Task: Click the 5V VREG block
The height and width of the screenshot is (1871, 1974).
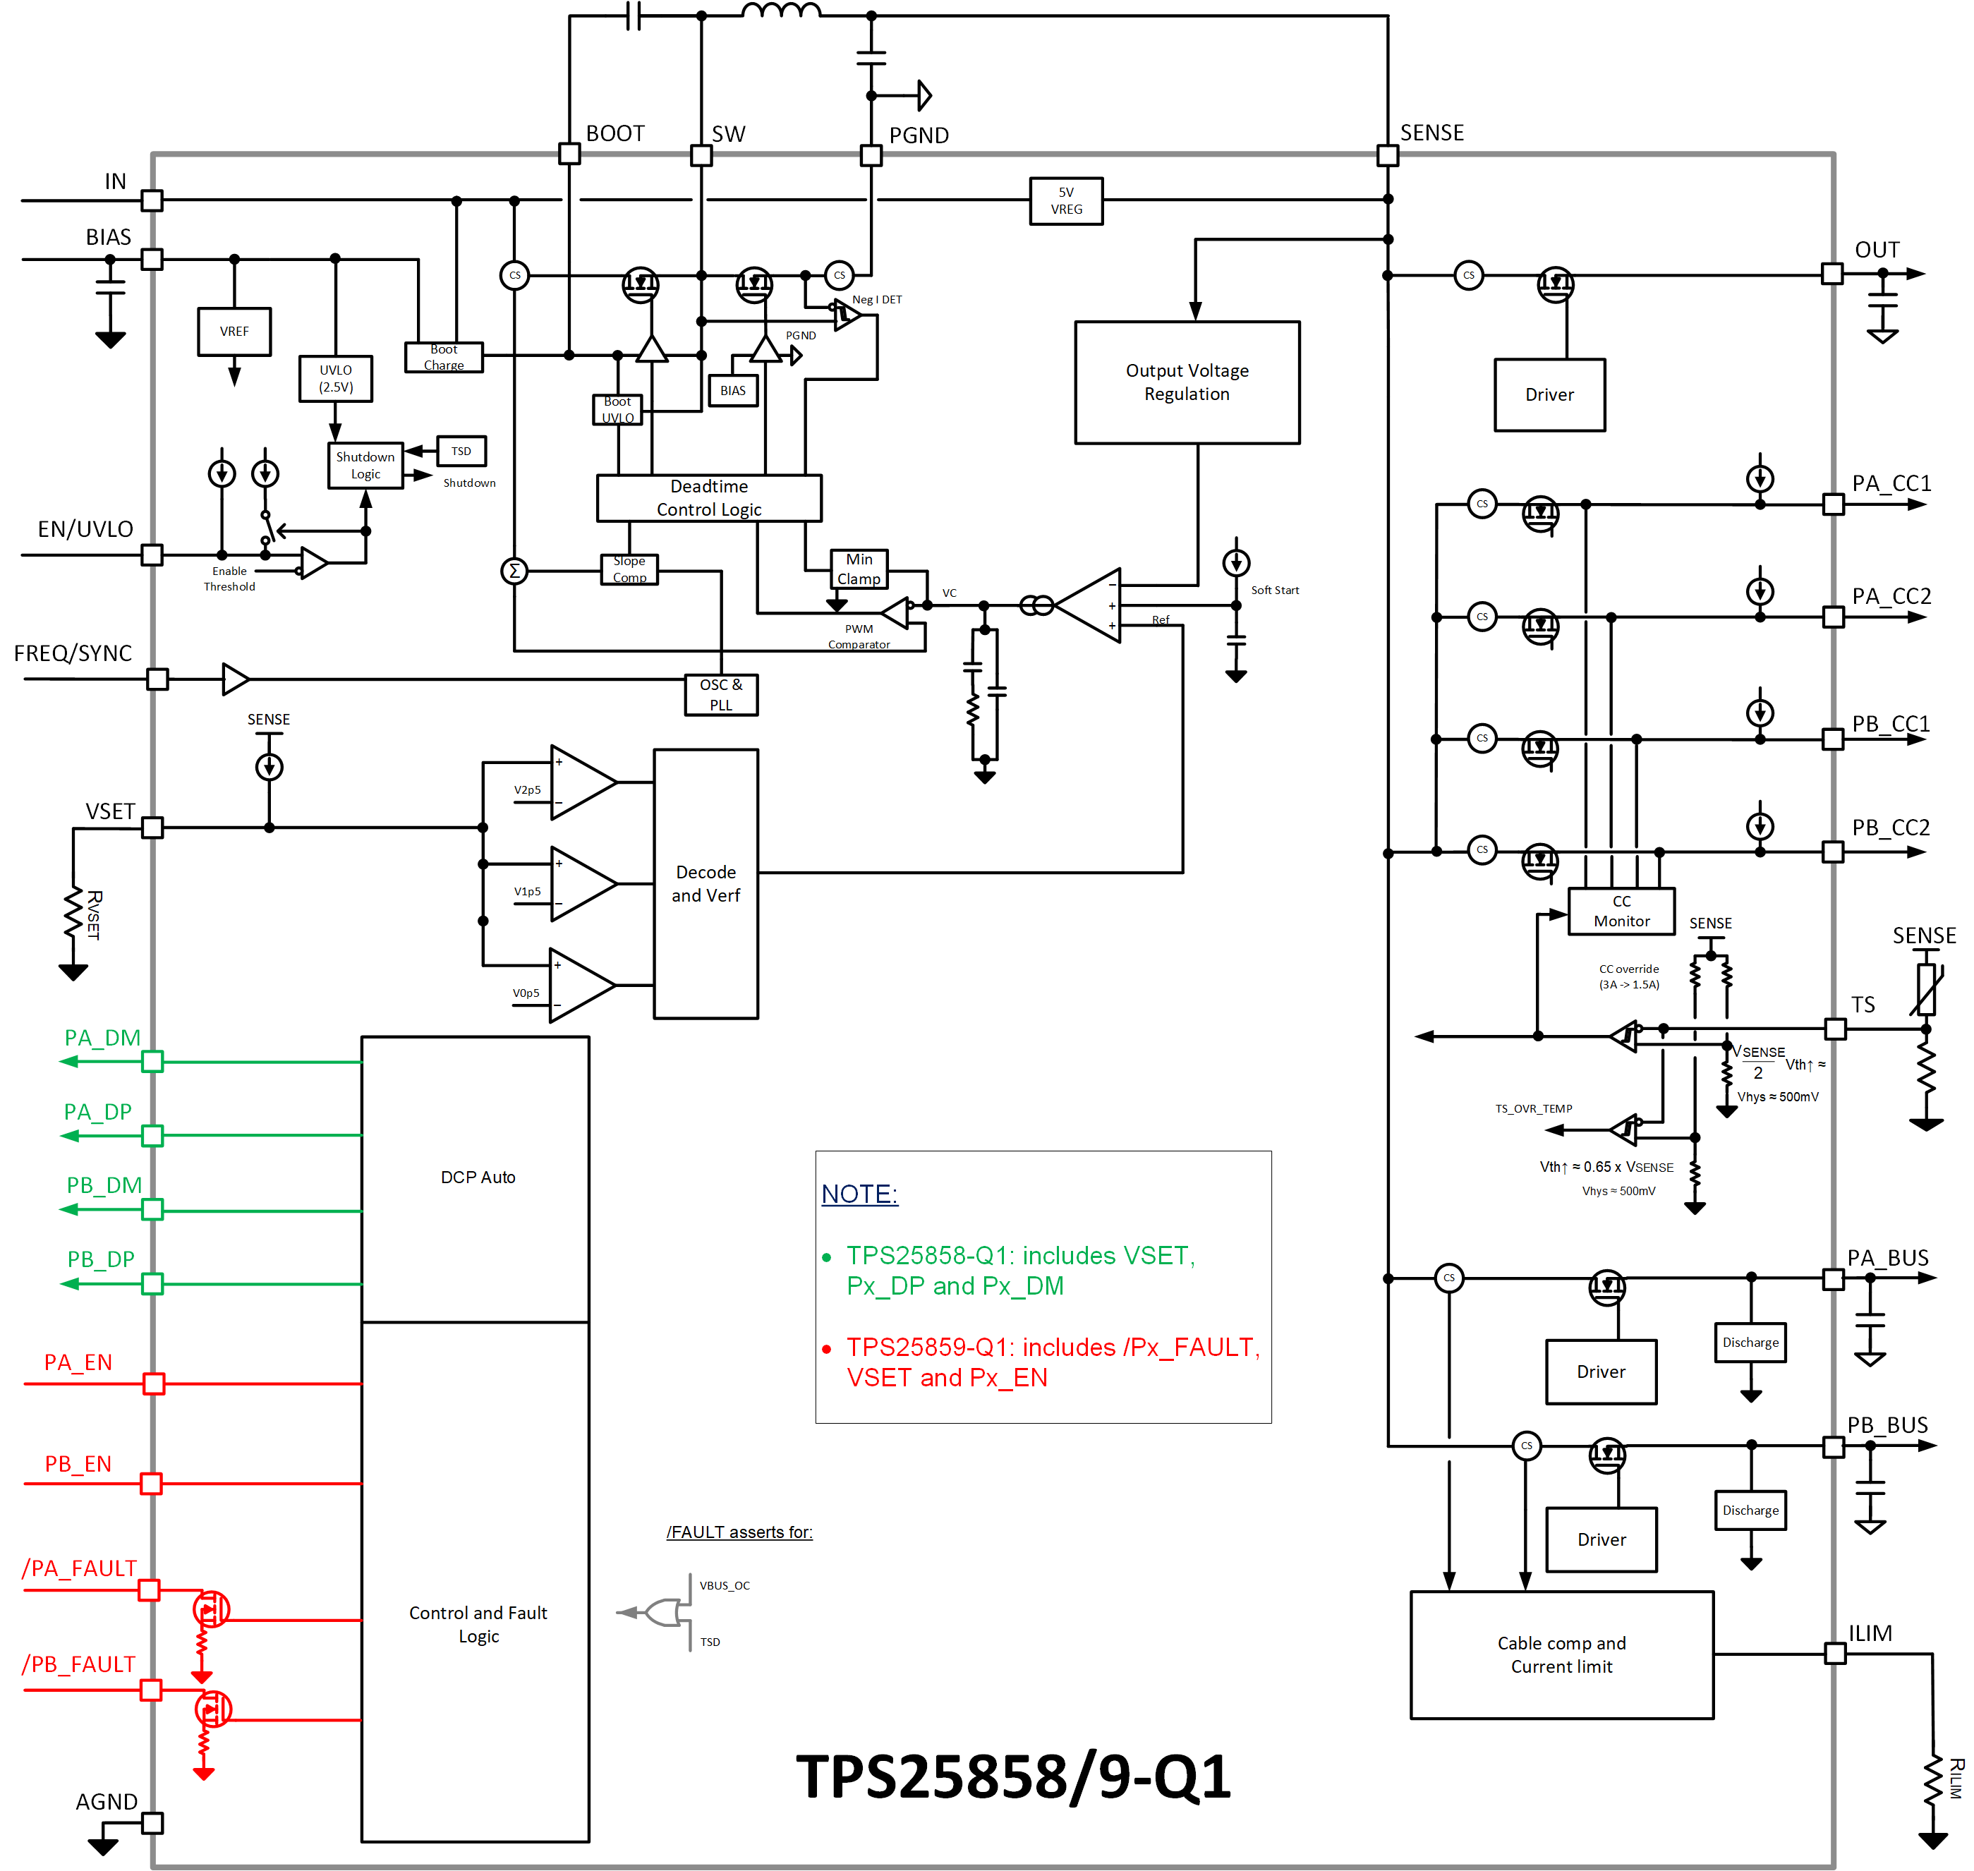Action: pos(1065,200)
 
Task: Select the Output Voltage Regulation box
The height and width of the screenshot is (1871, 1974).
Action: pos(1186,382)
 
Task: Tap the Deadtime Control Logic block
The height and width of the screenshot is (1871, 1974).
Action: pos(708,497)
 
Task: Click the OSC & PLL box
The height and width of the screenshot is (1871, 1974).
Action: pos(720,694)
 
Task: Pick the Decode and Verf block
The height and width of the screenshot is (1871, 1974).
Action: pos(706,883)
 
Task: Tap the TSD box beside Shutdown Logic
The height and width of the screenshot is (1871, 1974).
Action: pos(461,451)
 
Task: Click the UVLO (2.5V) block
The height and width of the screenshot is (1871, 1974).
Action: pos(335,378)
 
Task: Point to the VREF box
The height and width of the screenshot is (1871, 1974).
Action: pos(234,331)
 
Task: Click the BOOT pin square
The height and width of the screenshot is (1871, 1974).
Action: pos(569,154)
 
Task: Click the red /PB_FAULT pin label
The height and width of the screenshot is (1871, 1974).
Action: pos(79,1664)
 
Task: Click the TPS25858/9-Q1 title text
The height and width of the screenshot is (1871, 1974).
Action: pos(1012,1776)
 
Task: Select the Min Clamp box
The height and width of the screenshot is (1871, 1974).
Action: pos(858,569)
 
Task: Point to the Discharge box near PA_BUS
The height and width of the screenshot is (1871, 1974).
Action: pos(1750,1343)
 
